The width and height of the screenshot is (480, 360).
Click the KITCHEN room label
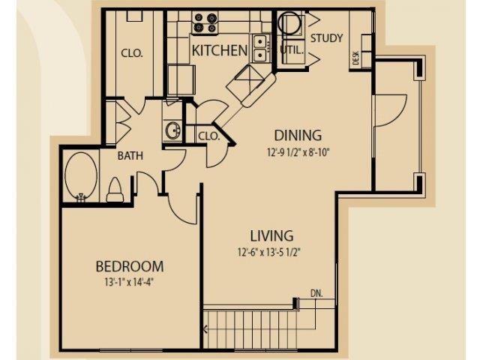coord(220,50)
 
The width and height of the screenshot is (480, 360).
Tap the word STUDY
coord(327,38)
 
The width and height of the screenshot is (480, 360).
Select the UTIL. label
coord(292,50)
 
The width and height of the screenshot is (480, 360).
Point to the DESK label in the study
coord(355,58)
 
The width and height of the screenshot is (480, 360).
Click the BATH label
coord(130,156)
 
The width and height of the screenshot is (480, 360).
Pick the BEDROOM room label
coord(130,266)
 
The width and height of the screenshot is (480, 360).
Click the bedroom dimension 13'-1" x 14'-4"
coord(128,282)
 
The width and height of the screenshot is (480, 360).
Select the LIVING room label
coord(271,235)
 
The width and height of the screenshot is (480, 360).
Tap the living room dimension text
coord(269,253)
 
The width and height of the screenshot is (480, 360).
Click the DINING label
coord(298,135)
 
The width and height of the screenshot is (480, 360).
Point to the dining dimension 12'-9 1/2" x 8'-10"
coord(298,152)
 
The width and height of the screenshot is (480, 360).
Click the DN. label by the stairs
coord(316,293)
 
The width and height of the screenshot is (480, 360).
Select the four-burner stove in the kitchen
coord(205,23)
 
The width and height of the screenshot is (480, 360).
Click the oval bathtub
coord(81,176)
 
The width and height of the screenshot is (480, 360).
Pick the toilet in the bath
coord(115,190)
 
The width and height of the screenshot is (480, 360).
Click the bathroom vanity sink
coord(173,130)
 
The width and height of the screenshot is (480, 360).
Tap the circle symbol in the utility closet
coord(290,22)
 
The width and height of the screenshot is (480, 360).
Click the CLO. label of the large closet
coord(132,53)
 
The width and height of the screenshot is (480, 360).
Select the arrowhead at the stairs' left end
coord(205,329)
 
